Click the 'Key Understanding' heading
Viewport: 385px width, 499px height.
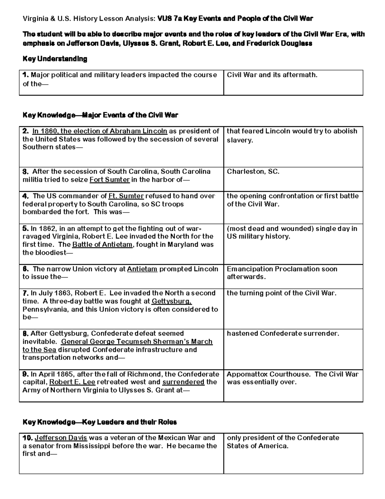(x=55, y=59)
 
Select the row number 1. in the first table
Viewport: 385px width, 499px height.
(x=26, y=75)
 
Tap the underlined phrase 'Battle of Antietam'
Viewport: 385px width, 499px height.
(x=102, y=245)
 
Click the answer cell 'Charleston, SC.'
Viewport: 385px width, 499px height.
(x=253, y=172)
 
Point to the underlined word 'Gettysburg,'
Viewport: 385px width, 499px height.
(x=172, y=301)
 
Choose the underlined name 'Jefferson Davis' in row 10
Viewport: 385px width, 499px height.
(x=61, y=438)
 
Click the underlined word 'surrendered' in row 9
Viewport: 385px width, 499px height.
(x=183, y=382)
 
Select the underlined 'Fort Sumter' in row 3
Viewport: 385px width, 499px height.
(x=110, y=180)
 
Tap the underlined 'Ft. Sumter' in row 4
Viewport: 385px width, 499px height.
(x=126, y=196)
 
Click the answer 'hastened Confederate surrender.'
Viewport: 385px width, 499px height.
(x=283, y=334)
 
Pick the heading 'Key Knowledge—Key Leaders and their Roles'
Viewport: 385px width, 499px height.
(x=99, y=422)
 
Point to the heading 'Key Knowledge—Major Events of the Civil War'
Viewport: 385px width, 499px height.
(x=100, y=115)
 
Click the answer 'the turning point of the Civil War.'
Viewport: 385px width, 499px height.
(x=282, y=293)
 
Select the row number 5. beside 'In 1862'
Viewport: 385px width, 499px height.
(x=26, y=229)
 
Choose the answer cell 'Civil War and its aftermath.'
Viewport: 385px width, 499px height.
(x=272, y=75)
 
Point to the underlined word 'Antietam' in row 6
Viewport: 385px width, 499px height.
(x=142, y=269)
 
